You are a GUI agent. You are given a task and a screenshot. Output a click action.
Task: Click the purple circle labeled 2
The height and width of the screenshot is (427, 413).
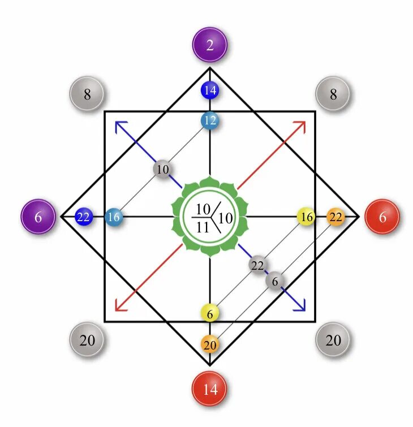pyautogui.click(x=210, y=45)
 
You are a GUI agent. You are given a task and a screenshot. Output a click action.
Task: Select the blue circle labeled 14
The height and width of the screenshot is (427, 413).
pyautogui.click(x=210, y=90)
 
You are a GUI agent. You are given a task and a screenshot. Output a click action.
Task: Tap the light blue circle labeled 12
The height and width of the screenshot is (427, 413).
pyautogui.click(x=210, y=120)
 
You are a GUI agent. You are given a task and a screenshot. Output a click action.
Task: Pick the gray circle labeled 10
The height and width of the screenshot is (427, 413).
pyautogui.click(x=162, y=169)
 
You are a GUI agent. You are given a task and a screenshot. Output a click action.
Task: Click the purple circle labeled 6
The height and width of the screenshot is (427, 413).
pyautogui.click(x=38, y=217)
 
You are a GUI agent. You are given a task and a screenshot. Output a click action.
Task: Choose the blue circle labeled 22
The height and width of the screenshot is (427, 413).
pyautogui.click(x=84, y=217)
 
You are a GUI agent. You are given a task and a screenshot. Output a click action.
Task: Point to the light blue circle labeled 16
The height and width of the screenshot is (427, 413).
pyautogui.click(x=114, y=217)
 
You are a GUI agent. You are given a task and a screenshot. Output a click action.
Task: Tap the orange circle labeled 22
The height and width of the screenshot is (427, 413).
pyautogui.click(x=335, y=217)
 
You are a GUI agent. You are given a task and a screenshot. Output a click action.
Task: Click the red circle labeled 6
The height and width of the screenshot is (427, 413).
pyautogui.click(x=382, y=217)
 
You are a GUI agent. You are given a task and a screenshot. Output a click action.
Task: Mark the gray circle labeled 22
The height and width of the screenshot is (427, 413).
pyautogui.click(x=257, y=265)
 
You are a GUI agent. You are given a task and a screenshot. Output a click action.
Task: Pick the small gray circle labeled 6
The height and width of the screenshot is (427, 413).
pyautogui.click(x=275, y=280)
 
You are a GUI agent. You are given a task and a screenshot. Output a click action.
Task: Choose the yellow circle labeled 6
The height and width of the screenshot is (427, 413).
pyautogui.click(x=210, y=313)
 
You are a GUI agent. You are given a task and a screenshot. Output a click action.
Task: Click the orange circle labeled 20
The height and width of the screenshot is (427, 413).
pyautogui.click(x=210, y=344)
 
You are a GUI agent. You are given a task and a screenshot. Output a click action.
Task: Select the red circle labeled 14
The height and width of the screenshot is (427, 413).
pyautogui.click(x=210, y=390)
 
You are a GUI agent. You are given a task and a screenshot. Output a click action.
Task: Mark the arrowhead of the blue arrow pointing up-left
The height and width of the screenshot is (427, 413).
pyautogui.click(x=118, y=124)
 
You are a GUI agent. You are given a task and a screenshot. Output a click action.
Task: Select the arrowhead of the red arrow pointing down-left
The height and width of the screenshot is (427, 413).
pyautogui.click(x=118, y=309)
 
